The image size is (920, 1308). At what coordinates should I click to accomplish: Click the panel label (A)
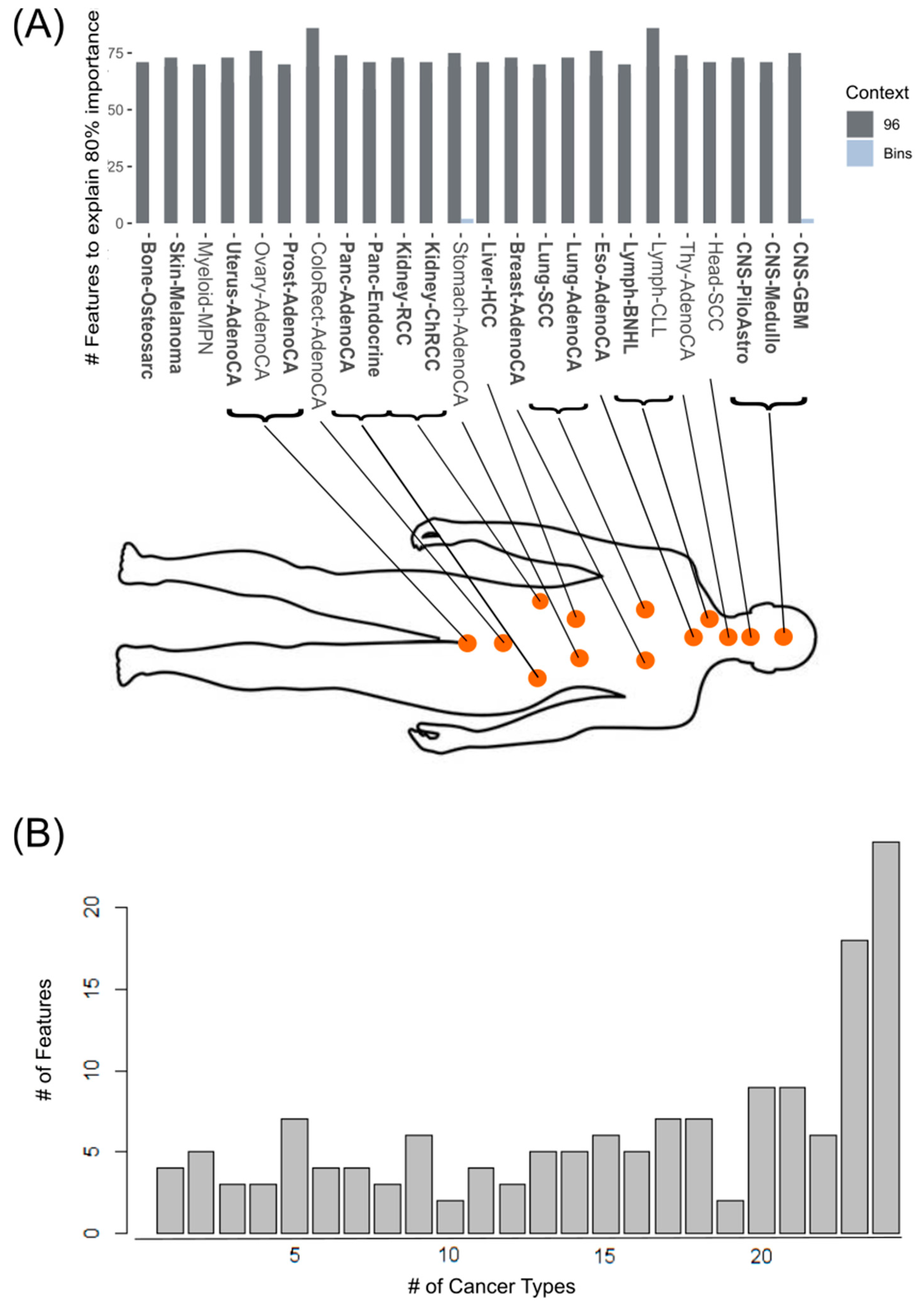(x=38, y=27)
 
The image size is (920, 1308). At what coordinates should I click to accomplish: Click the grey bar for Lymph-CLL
(x=653, y=125)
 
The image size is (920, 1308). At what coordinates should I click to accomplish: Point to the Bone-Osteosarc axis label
(x=146, y=311)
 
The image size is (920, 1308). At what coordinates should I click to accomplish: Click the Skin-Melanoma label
(x=175, y=308)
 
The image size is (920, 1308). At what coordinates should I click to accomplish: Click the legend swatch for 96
(x=859, y=124)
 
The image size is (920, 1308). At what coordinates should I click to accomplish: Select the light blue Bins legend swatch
(x=859, y=153)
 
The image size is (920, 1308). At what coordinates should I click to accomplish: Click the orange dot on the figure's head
(x=783, y=636)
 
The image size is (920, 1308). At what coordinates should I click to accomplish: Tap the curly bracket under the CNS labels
(x=768, y=403)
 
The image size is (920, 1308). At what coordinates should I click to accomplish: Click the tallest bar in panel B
(x=886, y=1037)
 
